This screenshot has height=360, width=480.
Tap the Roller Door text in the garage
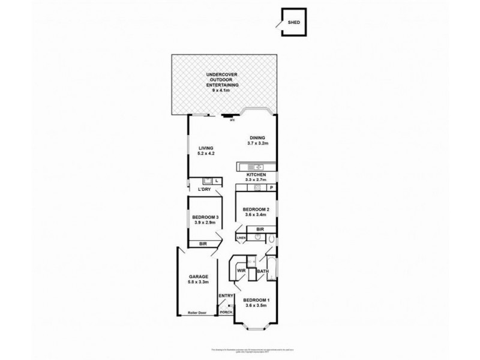196,313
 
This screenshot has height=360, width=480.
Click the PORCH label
226,312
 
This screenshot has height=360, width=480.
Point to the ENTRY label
226,295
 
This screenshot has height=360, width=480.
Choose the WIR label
242,271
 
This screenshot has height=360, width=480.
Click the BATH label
262,272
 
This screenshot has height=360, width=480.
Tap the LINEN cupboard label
241,238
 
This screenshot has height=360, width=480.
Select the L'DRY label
204,190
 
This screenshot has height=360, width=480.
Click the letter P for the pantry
271,188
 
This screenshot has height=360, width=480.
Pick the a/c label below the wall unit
232,119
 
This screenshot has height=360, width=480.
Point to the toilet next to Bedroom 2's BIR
271,239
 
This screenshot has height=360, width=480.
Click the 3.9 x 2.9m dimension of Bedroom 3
205,223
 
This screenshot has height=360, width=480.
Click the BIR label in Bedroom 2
260,229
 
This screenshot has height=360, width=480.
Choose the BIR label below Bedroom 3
204,244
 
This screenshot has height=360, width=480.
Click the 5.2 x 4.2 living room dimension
206,154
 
